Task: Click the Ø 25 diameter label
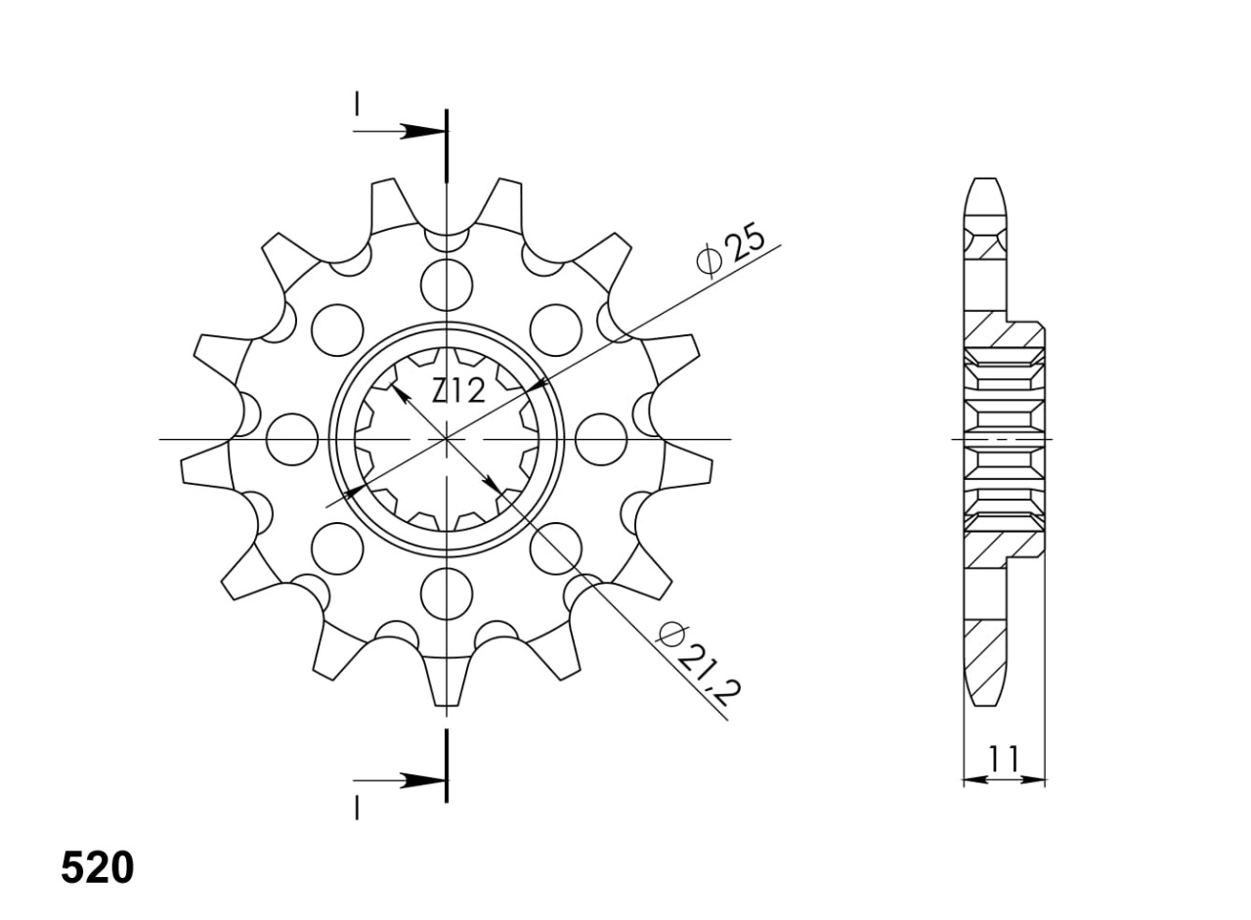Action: click(730, 249)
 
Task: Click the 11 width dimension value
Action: click(1004, 758)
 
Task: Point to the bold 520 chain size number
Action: click(98, 867)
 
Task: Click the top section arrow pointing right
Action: click(400, 132)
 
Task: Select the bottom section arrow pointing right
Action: click(400, 781)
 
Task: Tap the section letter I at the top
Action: click(357, 104)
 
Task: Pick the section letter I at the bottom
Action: click(357, 809)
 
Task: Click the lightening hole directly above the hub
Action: click(447, 285)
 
